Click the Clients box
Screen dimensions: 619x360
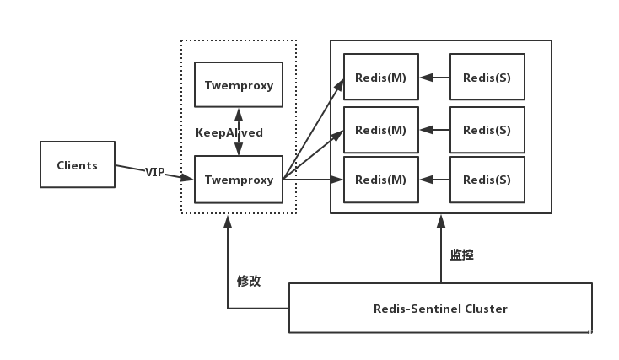(x=78, y=164)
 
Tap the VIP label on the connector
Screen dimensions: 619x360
(x=155, y=172)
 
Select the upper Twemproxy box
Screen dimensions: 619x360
(x=239, y=84)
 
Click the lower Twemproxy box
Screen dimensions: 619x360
(x=239, y=180)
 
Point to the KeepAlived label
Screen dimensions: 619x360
(x=229, y=132)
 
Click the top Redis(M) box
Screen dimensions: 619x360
(x=381, y=77)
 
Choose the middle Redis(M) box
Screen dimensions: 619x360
(x=381, y=130)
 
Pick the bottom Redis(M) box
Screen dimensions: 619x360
(x=381, y=180)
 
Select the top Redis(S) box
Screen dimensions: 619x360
(x=487, y=77)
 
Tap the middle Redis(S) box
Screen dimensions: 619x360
(x=487, y=130)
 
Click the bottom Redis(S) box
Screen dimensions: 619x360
(x=487, y=180)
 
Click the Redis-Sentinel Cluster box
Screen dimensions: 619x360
(x=440, y=308)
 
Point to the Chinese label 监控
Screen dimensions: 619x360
(x=462, y=255)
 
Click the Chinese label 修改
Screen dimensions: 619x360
(x=249, y=281)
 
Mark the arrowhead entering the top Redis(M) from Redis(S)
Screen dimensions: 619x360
(x=427, y=78)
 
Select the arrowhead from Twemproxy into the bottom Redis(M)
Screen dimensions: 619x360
(x=336, y=180)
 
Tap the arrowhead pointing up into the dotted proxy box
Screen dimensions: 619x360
(x=228, y=222)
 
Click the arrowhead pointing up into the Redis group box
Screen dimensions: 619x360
(x=441, y=222)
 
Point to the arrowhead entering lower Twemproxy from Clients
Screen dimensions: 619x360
(x=187, y=178)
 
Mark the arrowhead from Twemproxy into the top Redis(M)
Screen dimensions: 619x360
(x=339, y=86)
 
